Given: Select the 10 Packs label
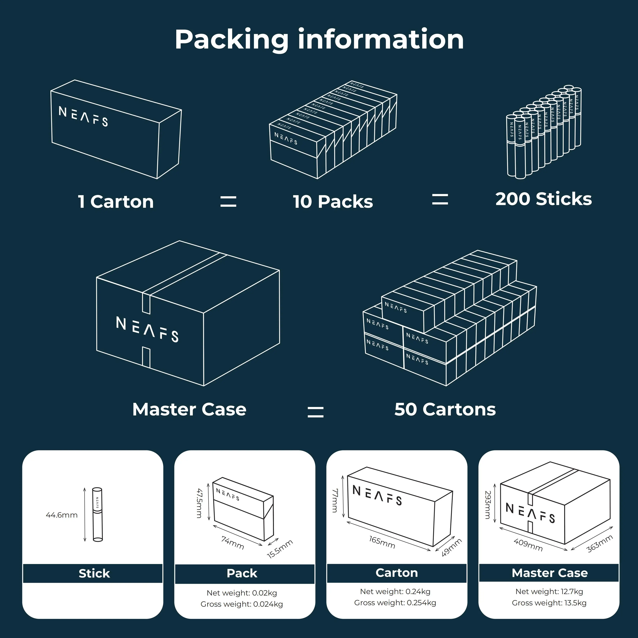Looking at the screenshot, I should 333,202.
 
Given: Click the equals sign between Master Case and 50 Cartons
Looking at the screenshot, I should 315,412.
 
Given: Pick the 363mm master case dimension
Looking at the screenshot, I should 600,544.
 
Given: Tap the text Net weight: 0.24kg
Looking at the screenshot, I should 395,591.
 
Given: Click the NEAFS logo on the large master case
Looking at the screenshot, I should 147,329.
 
